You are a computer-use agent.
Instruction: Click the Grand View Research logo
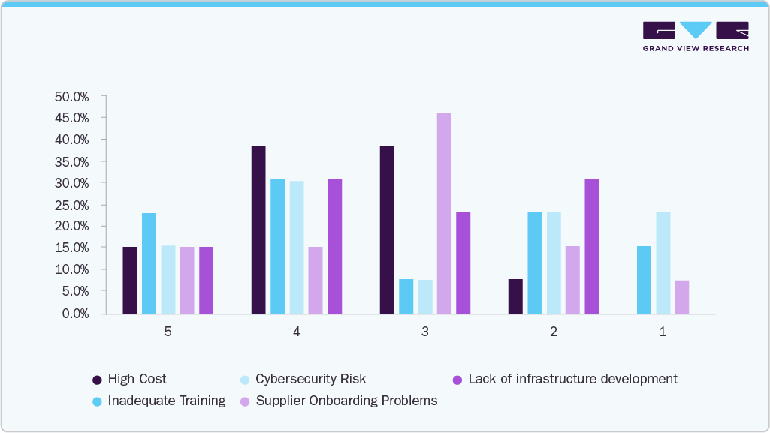[696, 35]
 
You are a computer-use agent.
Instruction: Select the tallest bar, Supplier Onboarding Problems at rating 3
[444, 213]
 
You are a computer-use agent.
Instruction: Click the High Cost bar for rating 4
[258, 230]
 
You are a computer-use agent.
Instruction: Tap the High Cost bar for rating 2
[515, 296]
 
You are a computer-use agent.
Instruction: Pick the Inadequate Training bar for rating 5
[149, 263]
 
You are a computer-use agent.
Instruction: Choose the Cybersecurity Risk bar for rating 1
[663, 263]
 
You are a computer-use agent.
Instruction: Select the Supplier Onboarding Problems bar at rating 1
[681, 297]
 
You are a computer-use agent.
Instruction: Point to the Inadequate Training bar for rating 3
[406, 296]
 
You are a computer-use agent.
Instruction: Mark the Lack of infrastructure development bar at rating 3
[463, 263]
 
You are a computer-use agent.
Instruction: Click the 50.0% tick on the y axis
[71, 97]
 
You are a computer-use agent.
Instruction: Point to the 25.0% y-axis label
[71, 205]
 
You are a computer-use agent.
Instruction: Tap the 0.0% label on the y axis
[74, 313]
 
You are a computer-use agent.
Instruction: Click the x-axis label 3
[425, 332]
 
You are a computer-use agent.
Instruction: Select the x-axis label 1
[663, 332]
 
